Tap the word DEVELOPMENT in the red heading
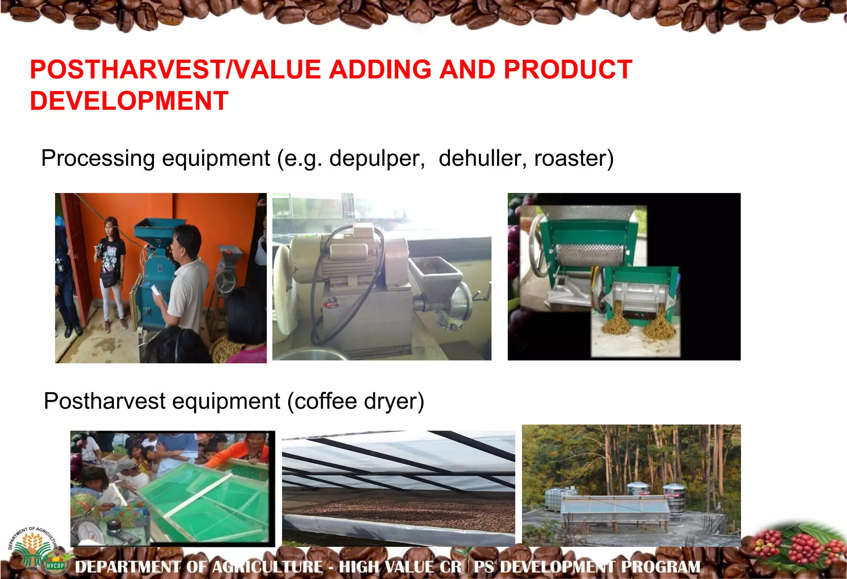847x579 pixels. pos(129,101)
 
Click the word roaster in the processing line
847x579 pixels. pos(573,159)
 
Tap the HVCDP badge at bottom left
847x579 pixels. pos(55,565)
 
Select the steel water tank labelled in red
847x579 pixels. pos(674,500)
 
